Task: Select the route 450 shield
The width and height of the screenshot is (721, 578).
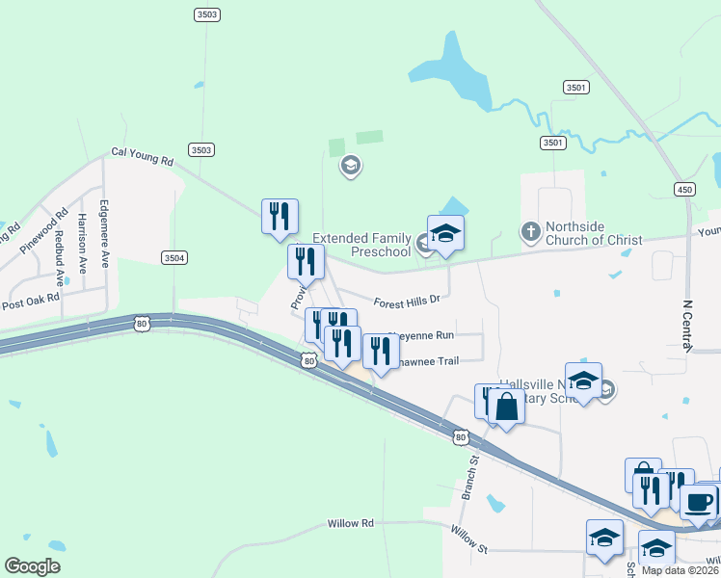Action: coord(684,188)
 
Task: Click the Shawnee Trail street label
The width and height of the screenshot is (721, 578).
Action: coord(423,360)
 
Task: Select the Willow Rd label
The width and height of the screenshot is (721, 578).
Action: coord(350,523)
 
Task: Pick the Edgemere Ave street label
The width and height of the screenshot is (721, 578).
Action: coord(105,233)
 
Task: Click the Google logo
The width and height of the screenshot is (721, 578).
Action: coord(32,566)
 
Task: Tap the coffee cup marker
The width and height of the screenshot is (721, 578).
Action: coord(698,501)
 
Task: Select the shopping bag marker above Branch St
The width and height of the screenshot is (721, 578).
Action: coord(506,407)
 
